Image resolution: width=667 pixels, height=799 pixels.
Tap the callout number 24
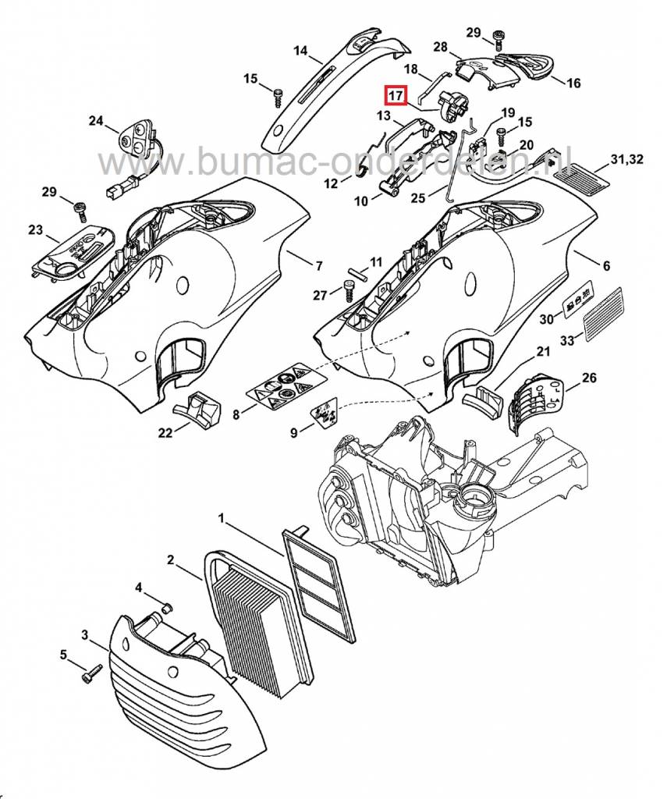tap(96, 121)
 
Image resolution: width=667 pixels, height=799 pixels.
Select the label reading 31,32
tap(627, 160)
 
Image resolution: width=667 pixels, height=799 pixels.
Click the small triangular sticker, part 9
tap(325, 410)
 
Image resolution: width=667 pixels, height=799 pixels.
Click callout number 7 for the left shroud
tap(318, 266)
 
